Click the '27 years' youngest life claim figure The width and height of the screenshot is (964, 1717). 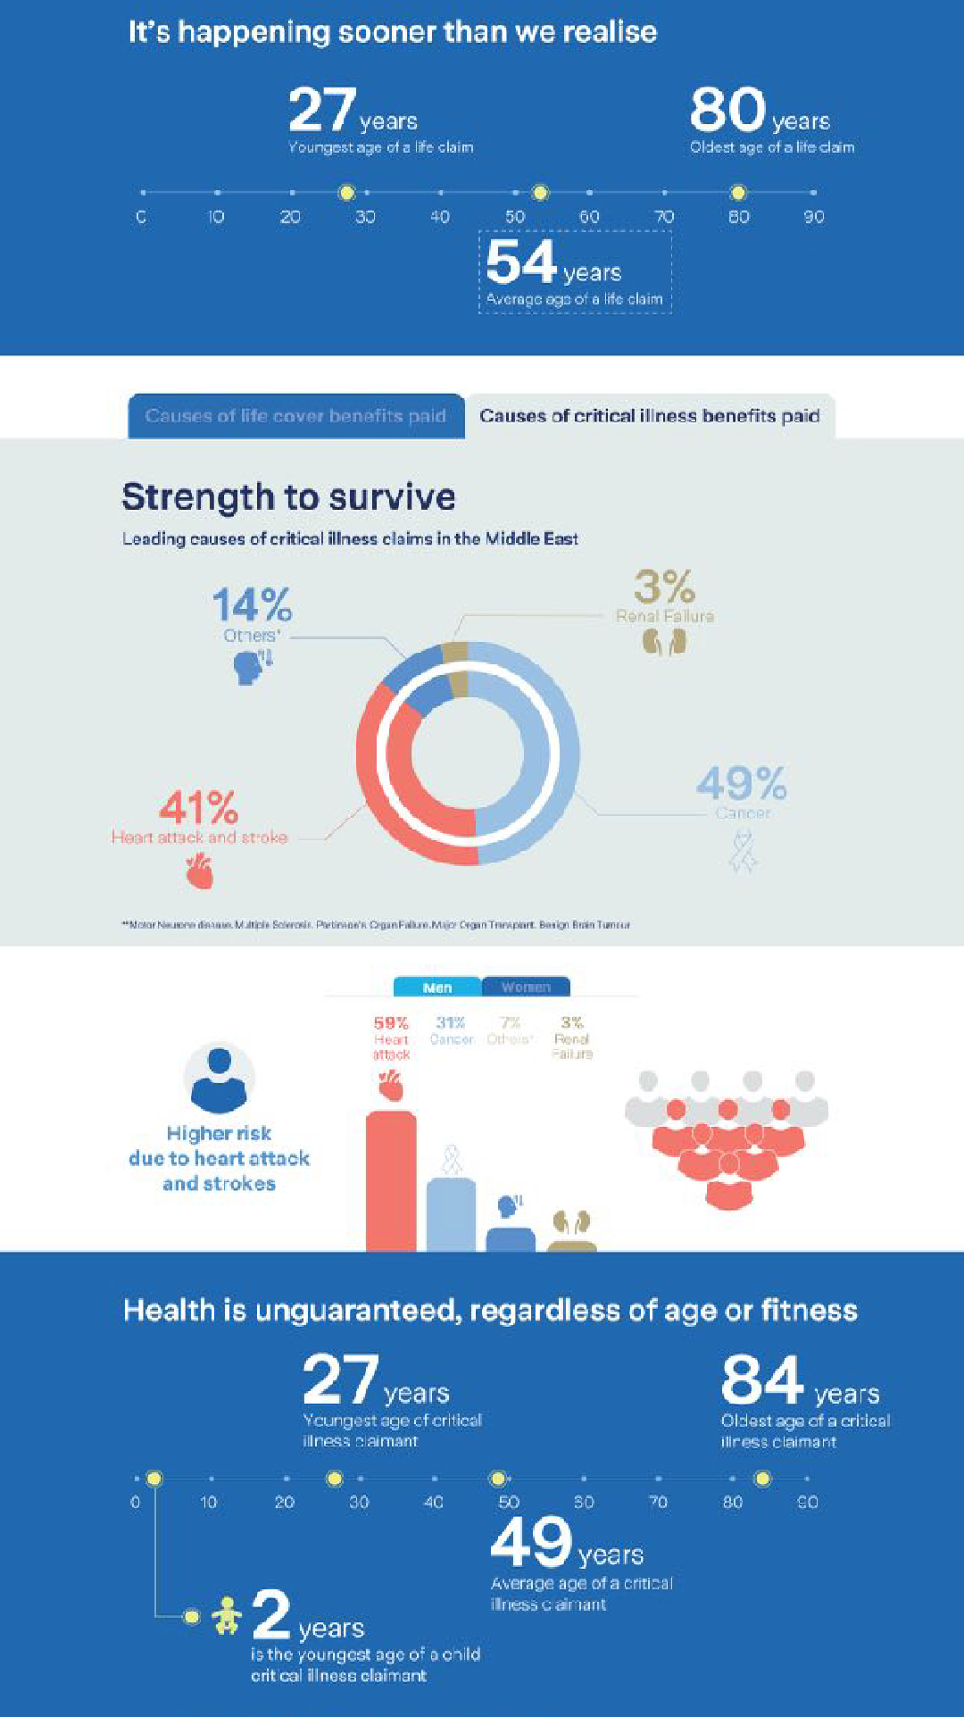[353, 112]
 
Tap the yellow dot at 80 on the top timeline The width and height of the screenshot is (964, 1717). [737, 192]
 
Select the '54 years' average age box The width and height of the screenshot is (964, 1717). [575, 271]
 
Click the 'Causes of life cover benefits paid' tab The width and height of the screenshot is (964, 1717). [295, 416]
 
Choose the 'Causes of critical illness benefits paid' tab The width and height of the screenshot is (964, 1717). [650, 416]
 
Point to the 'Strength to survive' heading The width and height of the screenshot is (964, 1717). [288, 497]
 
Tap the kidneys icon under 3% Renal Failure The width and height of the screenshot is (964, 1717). [664, 642]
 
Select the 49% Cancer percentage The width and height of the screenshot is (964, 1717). [741, 784]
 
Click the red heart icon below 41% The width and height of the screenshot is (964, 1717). [200, 871]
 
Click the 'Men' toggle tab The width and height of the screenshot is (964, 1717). [437, 987]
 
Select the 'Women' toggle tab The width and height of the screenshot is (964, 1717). [526, 987]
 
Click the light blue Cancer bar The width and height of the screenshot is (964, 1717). [451, 1214]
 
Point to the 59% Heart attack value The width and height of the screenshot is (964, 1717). [391, 1023]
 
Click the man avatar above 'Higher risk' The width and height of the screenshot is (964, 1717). [219, 1076]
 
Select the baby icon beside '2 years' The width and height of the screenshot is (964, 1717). [227, 1616]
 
